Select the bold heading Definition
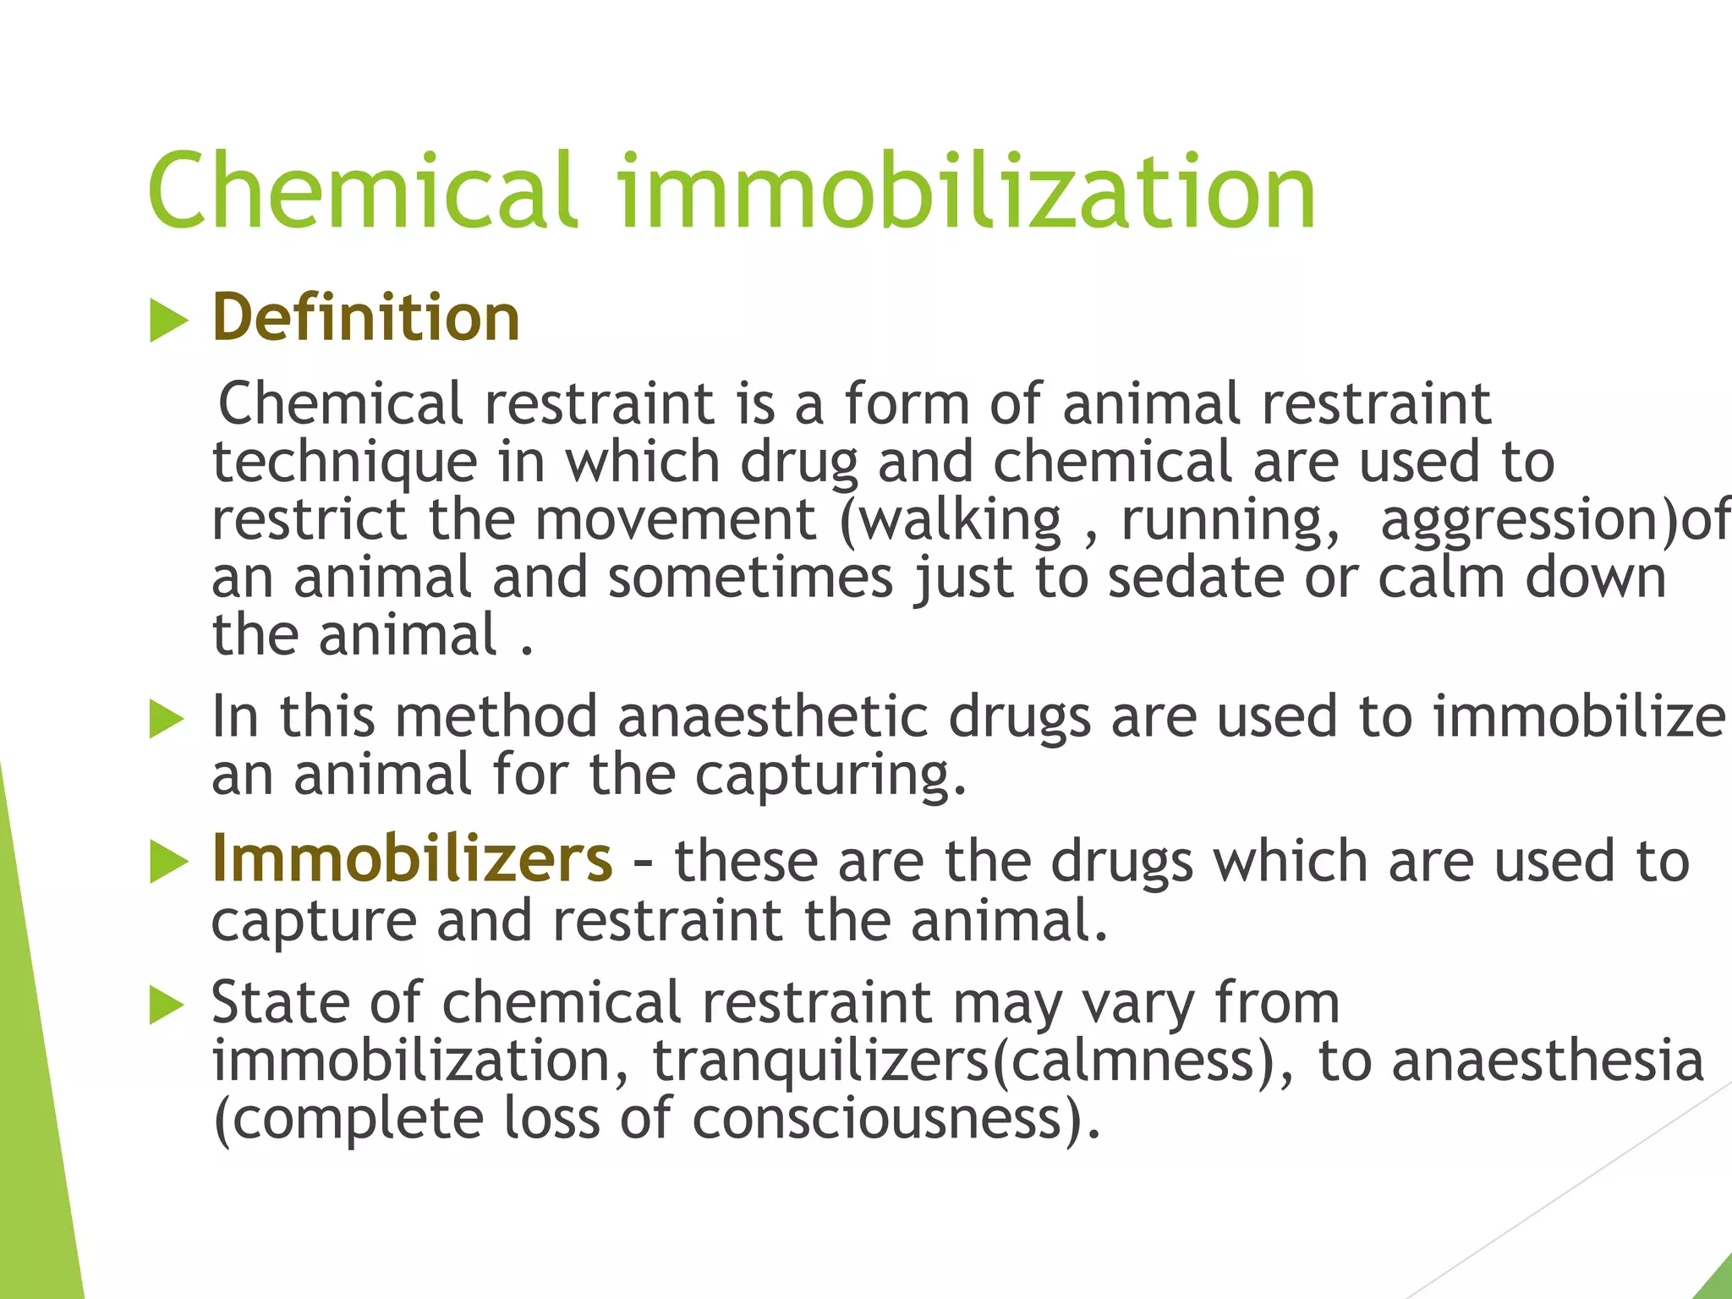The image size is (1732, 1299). coord(365,317)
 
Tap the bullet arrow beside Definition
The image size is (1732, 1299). coord(168,321)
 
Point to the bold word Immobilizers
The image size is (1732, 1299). coord(412,859)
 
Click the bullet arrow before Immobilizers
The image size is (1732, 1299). coord(168,863)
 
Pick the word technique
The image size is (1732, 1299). coord(345,463)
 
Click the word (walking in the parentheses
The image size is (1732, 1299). coord(951,520)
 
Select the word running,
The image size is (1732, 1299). coord(1230,520)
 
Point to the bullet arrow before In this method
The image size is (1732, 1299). coord(168,720)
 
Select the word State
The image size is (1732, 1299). coord(280,1003)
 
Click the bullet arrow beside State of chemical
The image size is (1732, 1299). coord(168,1006)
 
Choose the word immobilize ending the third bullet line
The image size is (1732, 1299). coord(1578,717)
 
